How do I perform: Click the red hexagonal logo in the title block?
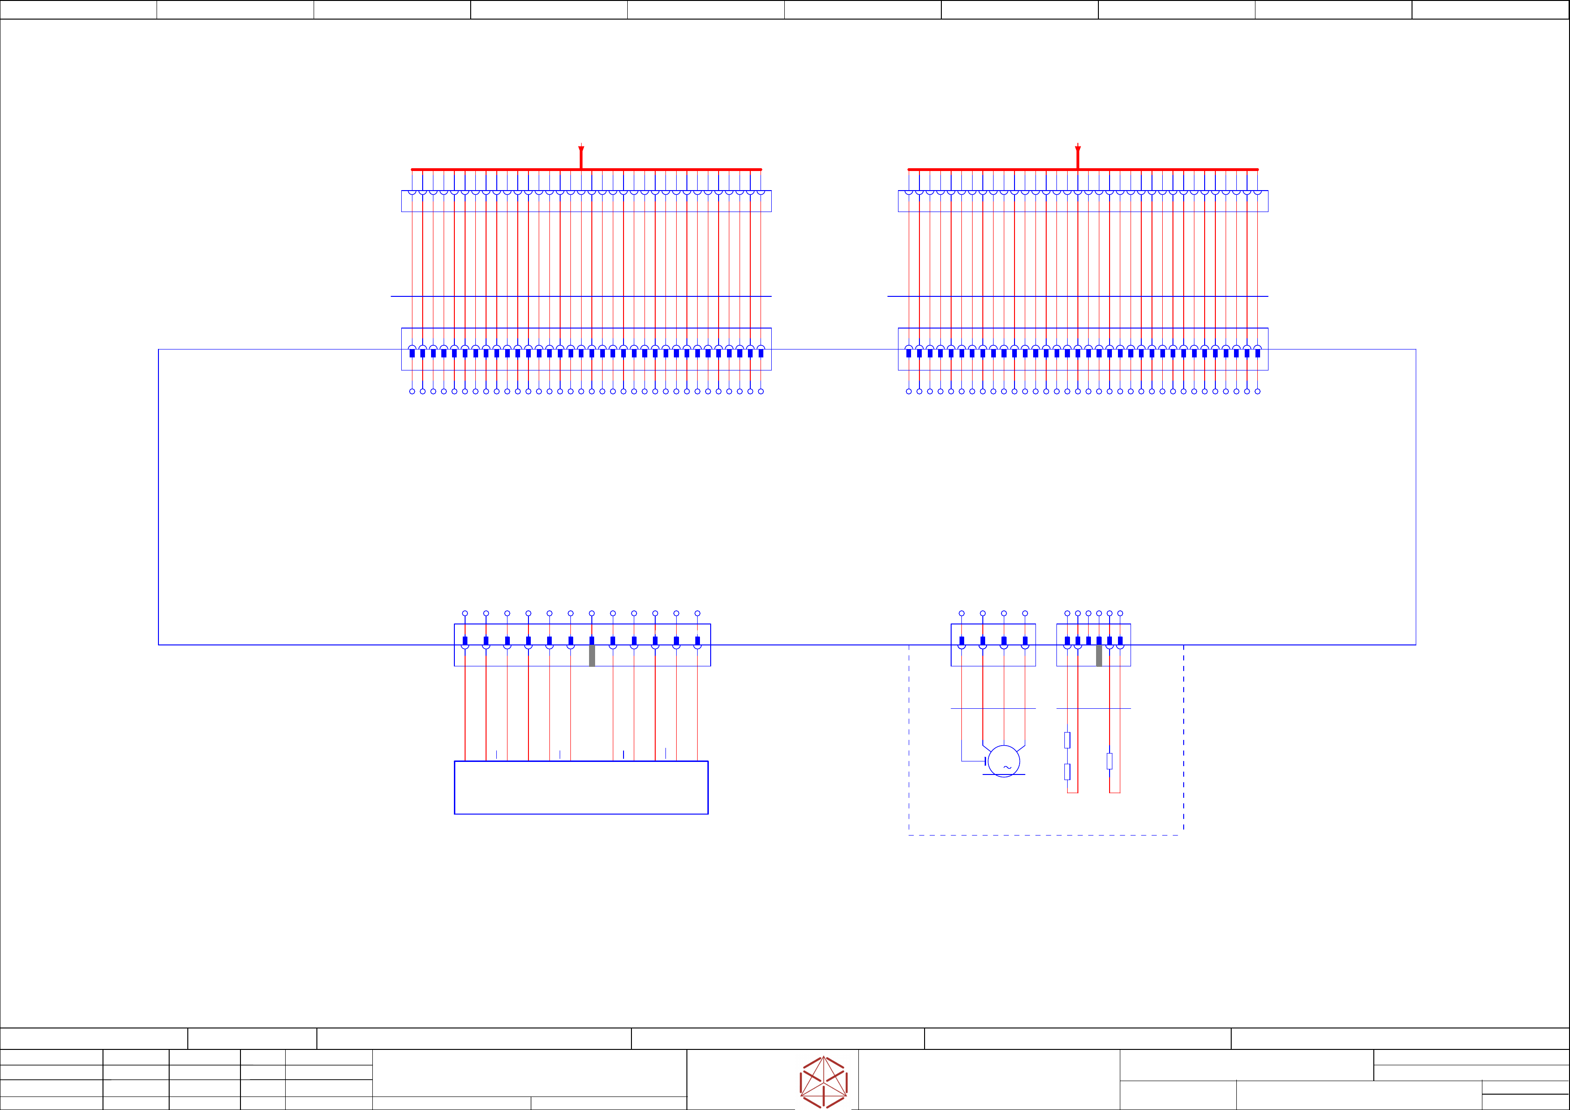pos(823,1082)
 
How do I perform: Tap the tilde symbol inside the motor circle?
pos(1007,767)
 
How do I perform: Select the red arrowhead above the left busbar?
pos(581,150)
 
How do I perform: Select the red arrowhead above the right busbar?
pos(1078,150)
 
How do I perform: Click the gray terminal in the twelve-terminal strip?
pos(591,655)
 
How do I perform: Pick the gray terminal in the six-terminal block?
pos(1099,655)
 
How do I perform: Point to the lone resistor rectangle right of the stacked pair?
pos(1109,761)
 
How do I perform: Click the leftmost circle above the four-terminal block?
pos(961,613)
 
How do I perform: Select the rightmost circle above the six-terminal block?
pos(1120,613)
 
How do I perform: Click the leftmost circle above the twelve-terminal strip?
pos(465,613)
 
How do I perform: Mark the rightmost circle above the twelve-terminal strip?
pos(698,613)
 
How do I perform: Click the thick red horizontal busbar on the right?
pos(1162,169)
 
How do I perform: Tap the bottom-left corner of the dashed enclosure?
pos(909,835)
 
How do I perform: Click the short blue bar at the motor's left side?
pos(985,761)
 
